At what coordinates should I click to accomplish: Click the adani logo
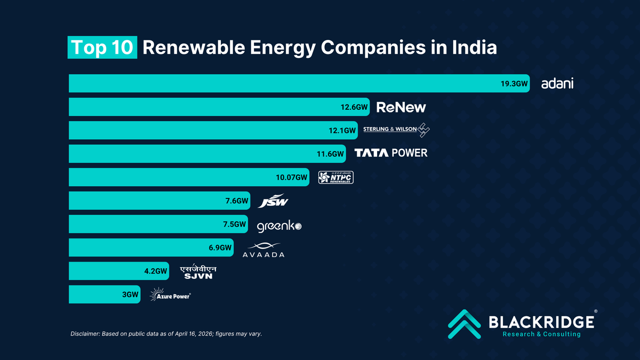(x=557, y=84)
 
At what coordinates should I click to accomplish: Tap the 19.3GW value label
(x=514, y=84)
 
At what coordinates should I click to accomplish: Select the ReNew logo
(x=401, y=107)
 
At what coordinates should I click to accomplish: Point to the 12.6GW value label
(x=354, y=107)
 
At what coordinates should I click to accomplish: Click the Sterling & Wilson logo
(x=396, y=130)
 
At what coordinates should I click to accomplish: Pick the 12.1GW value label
(x=342, y=130)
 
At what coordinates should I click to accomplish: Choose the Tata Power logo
(x=391, y=153)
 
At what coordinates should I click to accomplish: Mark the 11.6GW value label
(x=331, y=154)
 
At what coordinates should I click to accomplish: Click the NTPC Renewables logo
(x=335, y=177)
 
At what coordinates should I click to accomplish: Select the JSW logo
(x=274, y=202)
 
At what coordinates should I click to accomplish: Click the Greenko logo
(x=279, y=226)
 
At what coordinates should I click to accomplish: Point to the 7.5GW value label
(x=235, y=225)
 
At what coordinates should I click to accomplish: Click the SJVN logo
(x=198, y=272)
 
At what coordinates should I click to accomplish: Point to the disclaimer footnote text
(x=166, y=334)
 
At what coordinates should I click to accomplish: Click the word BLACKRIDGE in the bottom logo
(x=541, y=322)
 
